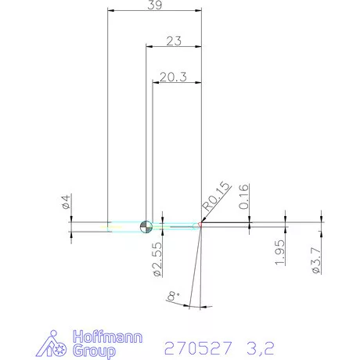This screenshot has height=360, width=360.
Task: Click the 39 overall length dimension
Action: click(155, 5)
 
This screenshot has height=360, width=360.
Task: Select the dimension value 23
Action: click(174, 41)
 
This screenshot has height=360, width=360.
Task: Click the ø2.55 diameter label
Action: click(157, 257)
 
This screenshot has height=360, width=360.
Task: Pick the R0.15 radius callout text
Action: click(216, 196)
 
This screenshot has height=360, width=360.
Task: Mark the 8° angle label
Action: click(173, 296)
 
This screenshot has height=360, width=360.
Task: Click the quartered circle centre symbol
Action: click(145, 227)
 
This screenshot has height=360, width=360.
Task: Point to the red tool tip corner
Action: click(200, 226)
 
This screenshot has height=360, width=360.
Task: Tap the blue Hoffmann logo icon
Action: click(54, 344)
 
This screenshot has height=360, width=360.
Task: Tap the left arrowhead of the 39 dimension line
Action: click(110, 11)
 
